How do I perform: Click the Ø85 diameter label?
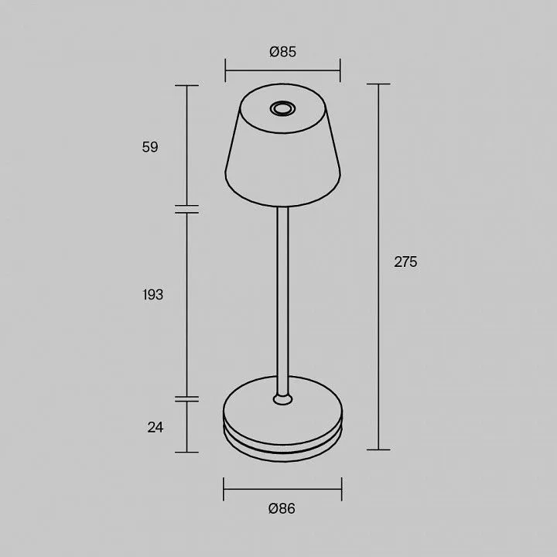(283, 52)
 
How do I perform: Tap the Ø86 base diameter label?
(282, 508)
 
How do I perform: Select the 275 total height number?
(405, 261)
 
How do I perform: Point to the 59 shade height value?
(150, 147)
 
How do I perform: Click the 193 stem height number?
(152, 295)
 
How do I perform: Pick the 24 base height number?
(155, 427)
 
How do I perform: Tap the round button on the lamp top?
(282, 108)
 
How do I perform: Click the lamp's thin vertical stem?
(283, 301)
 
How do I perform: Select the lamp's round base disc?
(283, 419)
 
